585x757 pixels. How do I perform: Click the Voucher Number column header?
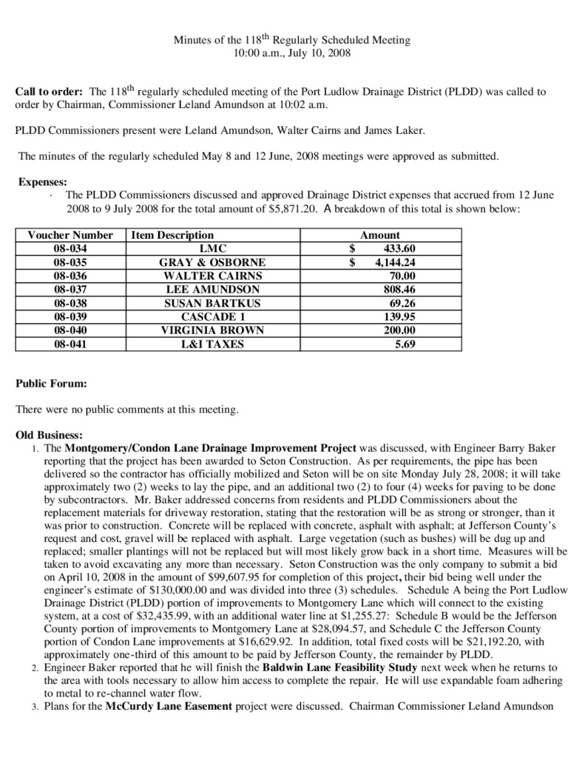tap(70, 235)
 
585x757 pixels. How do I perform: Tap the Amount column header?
tap(380, 235)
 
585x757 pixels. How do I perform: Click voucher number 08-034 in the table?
tap(70, 248)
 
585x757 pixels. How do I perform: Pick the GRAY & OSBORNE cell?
tap(212, 262)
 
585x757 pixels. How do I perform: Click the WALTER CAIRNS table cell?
tap(212, 276)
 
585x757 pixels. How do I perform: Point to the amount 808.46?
tap(399, 289)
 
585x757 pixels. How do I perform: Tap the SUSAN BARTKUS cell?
tap(212, 303)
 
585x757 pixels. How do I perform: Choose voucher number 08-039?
tap(70, 316)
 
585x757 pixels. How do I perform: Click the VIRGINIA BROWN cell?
tap(212, 330)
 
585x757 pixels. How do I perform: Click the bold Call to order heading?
tap(49, 92)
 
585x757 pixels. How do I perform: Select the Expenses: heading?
tap(43, 181)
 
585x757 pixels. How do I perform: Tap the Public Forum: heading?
tap(51, 384)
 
